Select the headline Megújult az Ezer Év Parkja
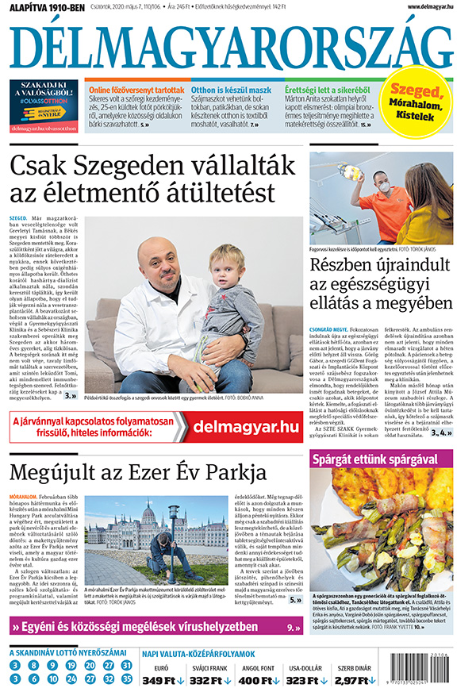tap(137, 474)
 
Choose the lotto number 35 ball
tap(127, 678)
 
